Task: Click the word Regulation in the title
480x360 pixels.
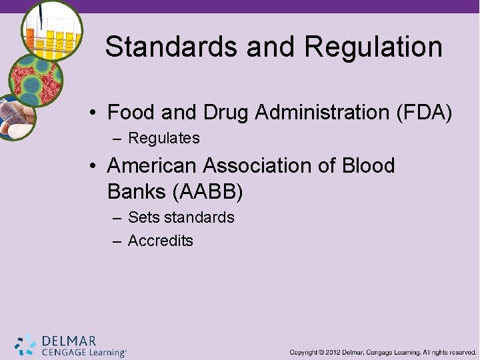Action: pos(373,47)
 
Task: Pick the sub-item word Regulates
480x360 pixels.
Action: pos(163,138)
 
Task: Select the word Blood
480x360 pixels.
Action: pos(367,165)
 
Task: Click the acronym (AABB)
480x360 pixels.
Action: pos(208,192)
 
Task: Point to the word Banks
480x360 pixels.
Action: pos(137,192)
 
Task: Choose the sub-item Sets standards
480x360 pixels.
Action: pos(181,217)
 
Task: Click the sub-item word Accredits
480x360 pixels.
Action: pos(160,241)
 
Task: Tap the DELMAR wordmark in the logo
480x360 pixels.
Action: pos(69,341)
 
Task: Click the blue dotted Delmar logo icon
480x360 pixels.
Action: pos(25,345)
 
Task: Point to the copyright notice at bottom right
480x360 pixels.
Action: pos(383,352)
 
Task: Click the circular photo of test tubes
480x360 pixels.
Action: pos(51,30)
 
